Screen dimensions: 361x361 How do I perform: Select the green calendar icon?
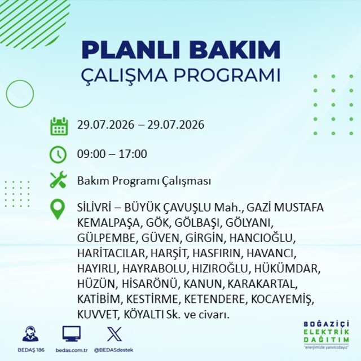[x=59, y=126]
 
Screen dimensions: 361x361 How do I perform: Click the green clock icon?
[x=58, y=154]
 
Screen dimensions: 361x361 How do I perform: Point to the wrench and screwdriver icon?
[x=58, y=179]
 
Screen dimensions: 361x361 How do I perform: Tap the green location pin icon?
[x=58, y=209]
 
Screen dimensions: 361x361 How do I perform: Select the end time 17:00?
[x=133, y=154]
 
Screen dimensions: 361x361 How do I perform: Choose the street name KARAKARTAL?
[x=262, y=284]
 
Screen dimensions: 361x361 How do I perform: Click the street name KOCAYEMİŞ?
[x=283, y=300]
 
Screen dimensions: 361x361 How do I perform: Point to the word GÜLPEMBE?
[x=106, y=238]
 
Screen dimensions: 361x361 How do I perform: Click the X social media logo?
[x=115, y=334]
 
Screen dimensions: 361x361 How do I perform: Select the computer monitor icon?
[x=72, y=333]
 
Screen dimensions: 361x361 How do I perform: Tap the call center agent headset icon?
[x=30, y=333]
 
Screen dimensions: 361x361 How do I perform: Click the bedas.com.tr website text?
[x=72, y=350]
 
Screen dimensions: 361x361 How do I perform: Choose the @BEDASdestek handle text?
[x=113, y=350]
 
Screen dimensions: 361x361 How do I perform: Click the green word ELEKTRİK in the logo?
[x=327, y=332]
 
